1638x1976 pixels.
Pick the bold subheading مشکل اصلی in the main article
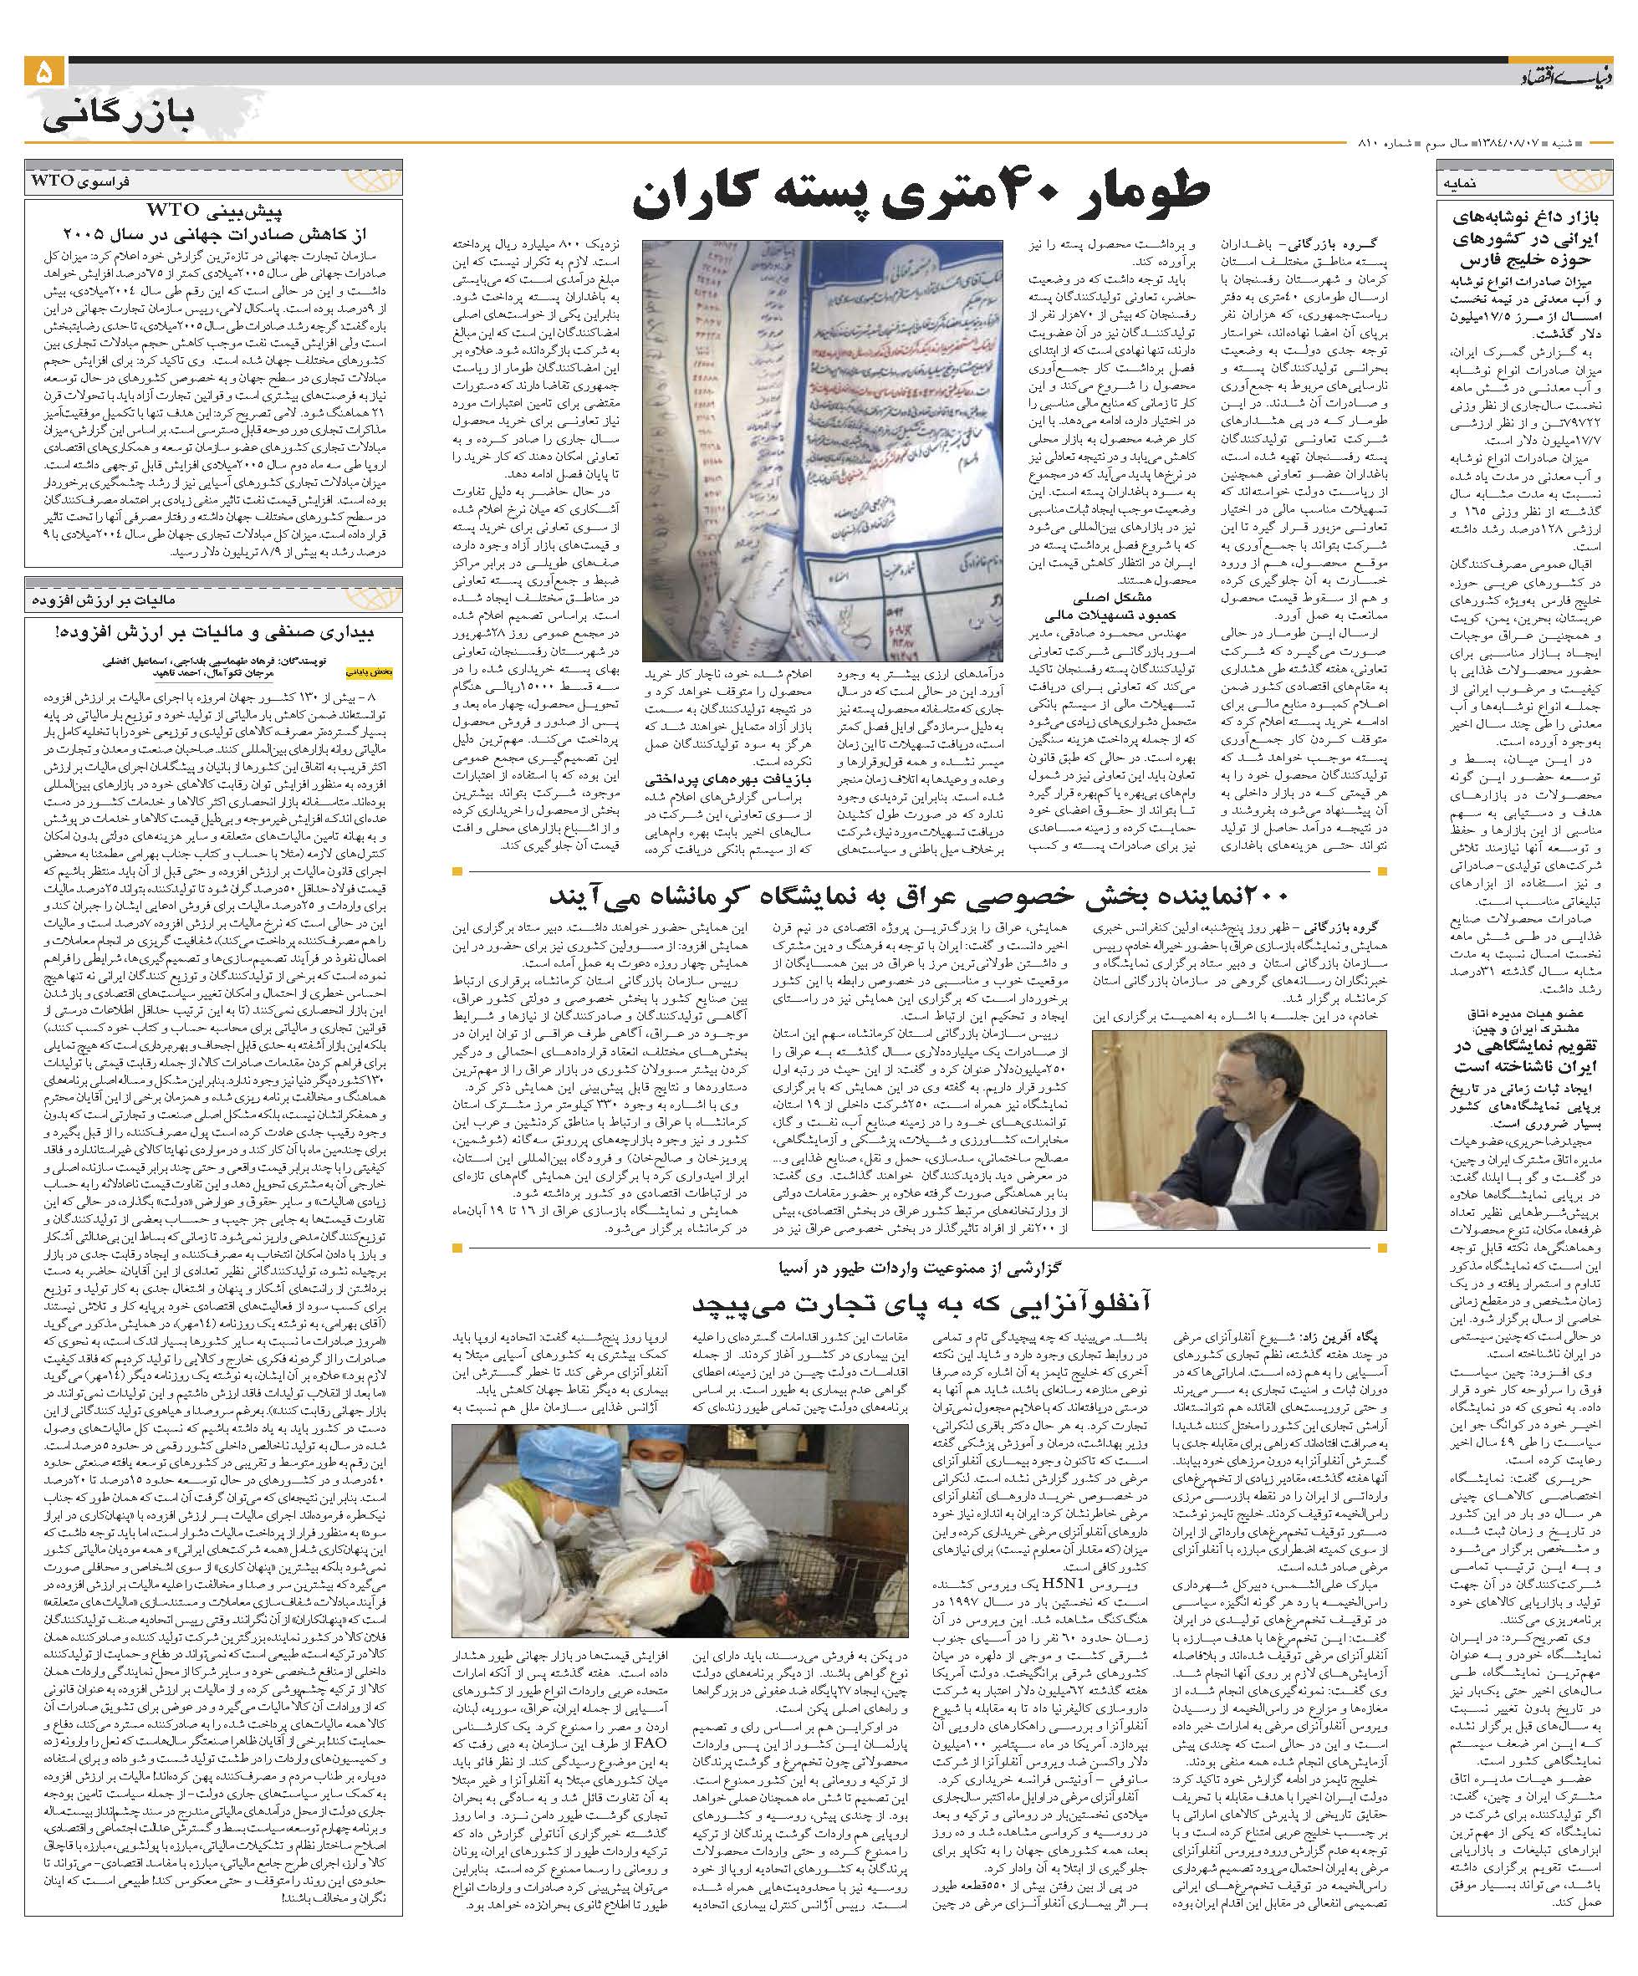1100,596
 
